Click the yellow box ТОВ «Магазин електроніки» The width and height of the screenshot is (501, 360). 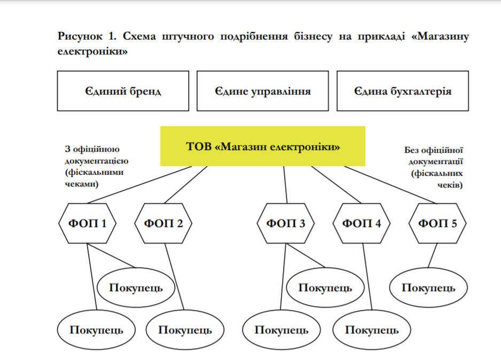[x=263, y=146]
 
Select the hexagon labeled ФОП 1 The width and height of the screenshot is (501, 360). [x=88, y=223]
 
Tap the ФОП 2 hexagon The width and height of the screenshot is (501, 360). [x=163, y=223]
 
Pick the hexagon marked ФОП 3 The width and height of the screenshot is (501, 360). [x=286, y=223]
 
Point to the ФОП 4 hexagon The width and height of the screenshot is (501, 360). [x=362, y=223]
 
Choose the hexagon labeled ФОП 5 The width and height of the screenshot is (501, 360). [x=437, y=223]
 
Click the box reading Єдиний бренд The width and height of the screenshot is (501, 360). [x=123, y=91]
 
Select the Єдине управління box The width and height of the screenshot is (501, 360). [x=263, y=91]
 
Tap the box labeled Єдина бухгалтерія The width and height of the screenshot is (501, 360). [x=402, y=91]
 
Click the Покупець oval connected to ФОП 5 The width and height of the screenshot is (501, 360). [x=428, y=288]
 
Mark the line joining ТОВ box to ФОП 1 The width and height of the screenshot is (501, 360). [x=142, y=184]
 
